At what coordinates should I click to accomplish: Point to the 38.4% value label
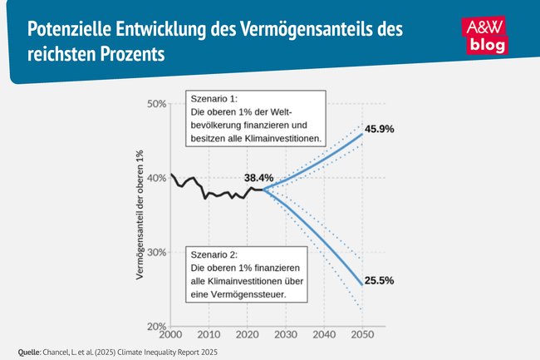pyautogui.click(x=258, y=178)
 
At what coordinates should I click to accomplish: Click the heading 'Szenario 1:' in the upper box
pyautogui.click(x=214, y=98)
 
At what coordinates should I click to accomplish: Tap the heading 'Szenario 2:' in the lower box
pyautogui.click(x=214, y=254)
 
